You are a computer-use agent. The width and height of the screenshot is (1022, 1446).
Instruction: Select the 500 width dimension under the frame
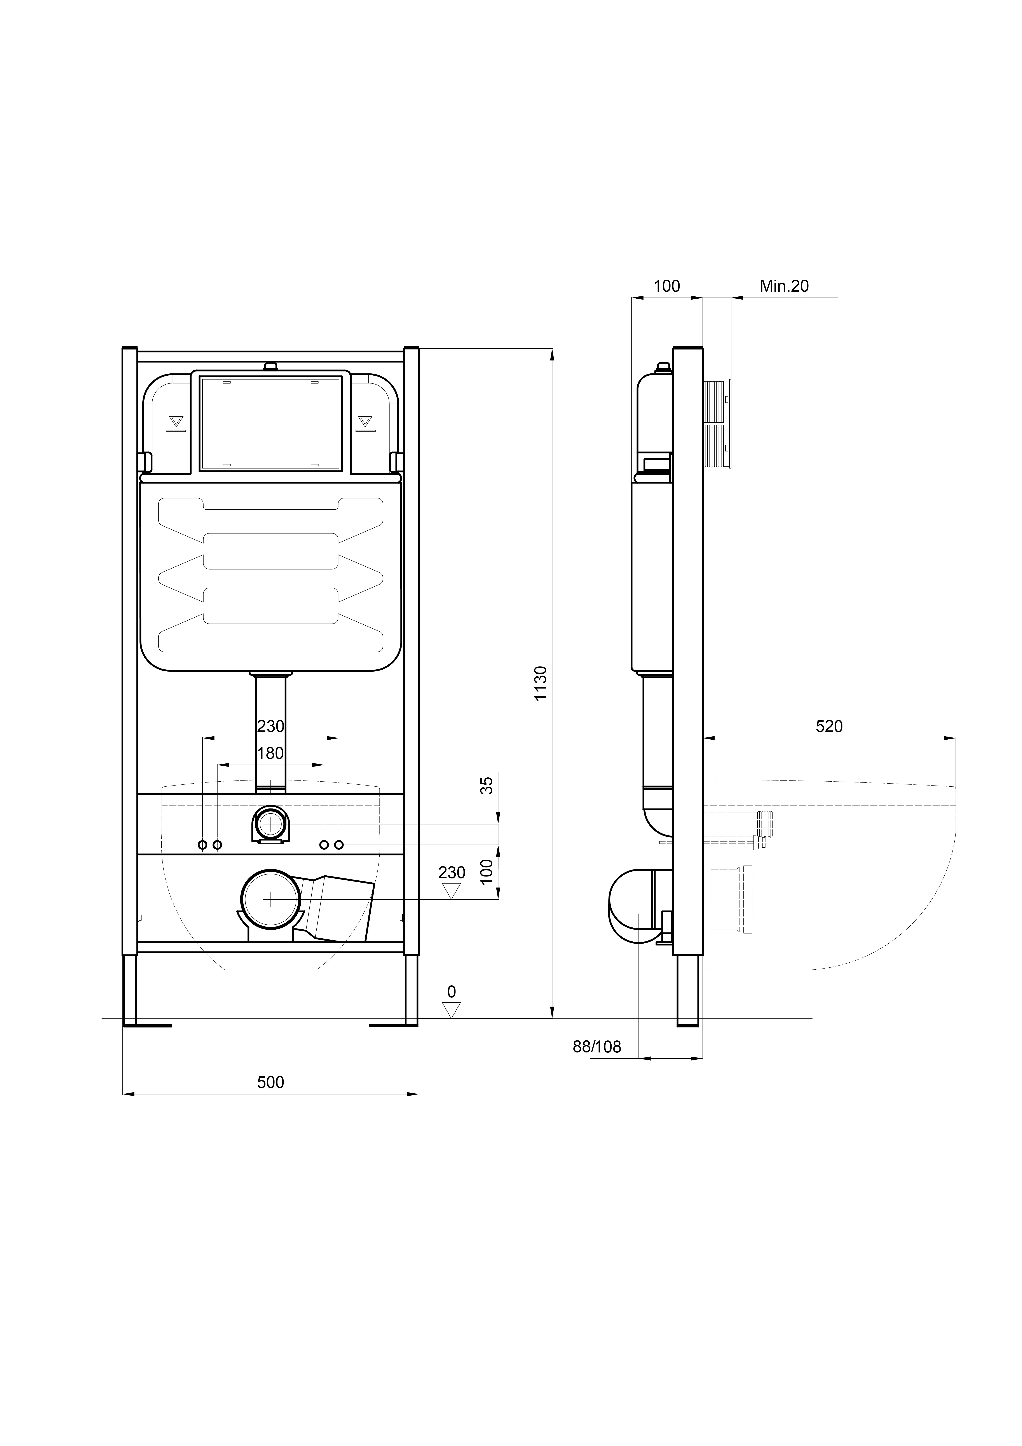[x=271, y=1082]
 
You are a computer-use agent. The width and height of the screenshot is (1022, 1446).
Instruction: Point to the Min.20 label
[x=784, y=286]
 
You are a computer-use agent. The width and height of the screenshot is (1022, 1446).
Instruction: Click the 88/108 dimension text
[x=596, y=1047]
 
